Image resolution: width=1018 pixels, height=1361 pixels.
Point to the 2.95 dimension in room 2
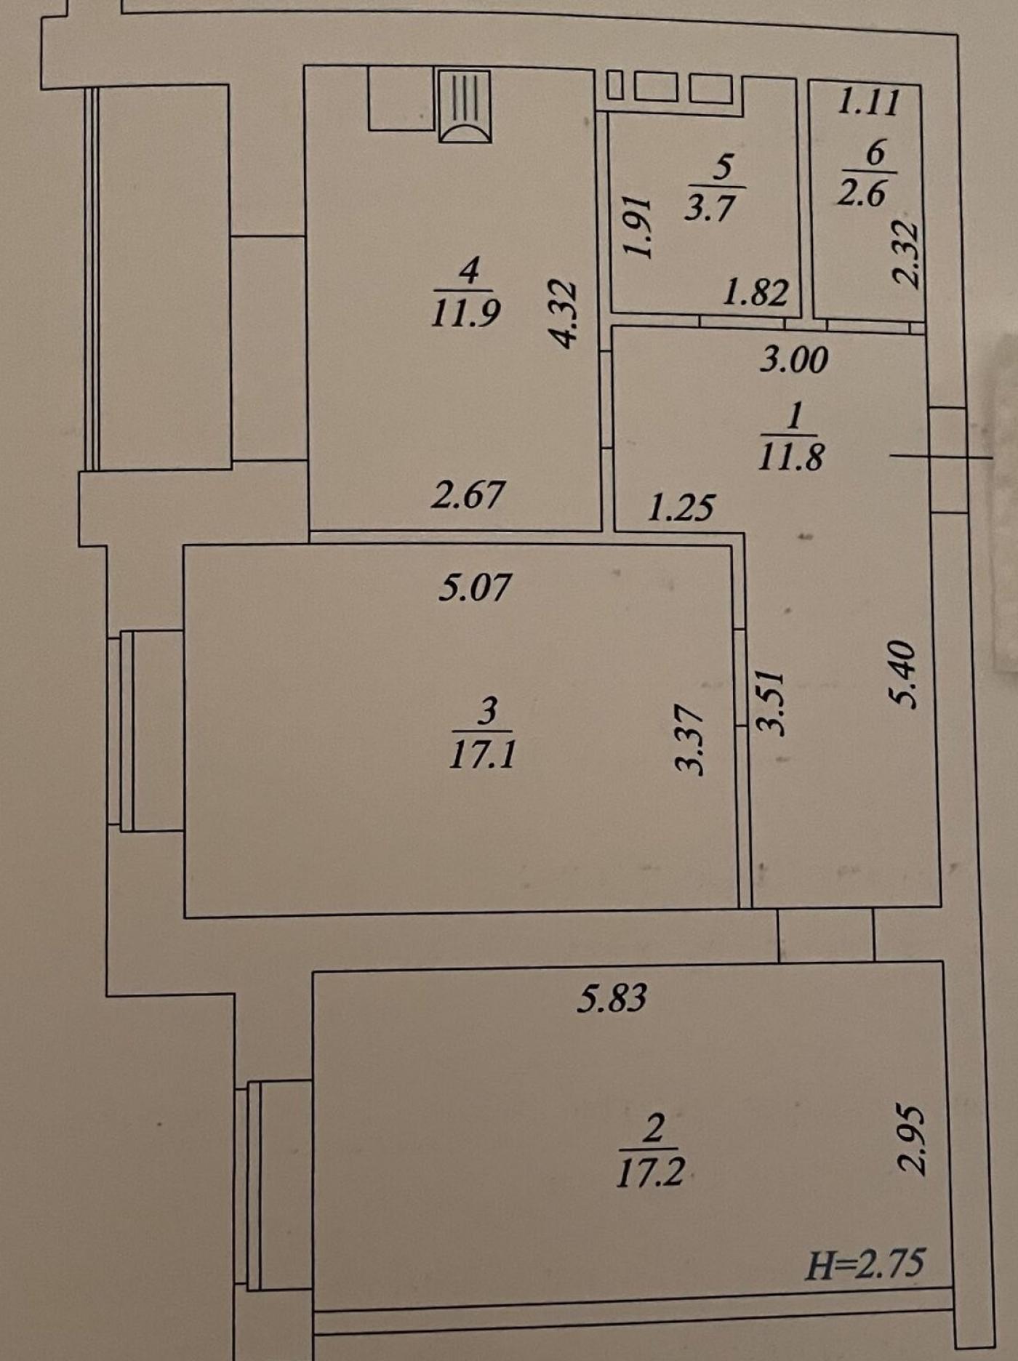coord(913,1141)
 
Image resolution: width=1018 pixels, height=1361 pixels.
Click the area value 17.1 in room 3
coord(482,754)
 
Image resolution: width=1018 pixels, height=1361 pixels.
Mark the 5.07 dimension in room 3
coord(475,587)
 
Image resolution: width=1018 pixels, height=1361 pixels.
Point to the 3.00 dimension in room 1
coord(793,360)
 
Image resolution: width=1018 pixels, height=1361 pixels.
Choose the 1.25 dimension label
coord(681,507)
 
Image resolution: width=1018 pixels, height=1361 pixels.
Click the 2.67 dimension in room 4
coord(468,494)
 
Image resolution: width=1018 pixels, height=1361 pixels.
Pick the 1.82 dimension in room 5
coord(756,292)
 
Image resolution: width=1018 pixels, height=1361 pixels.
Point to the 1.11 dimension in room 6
coord(868,101)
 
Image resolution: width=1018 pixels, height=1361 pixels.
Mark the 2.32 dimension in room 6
coord(907,254)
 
